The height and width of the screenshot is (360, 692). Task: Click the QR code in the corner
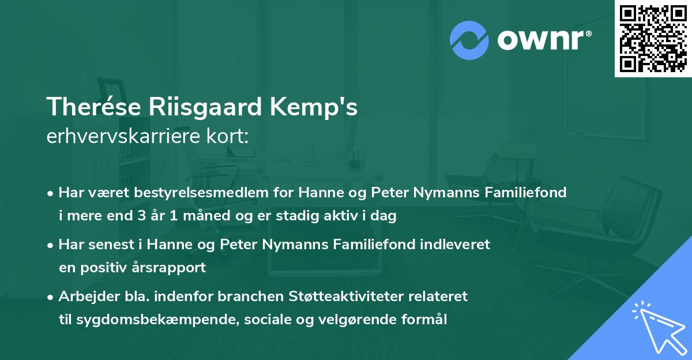tap(653, 38)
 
